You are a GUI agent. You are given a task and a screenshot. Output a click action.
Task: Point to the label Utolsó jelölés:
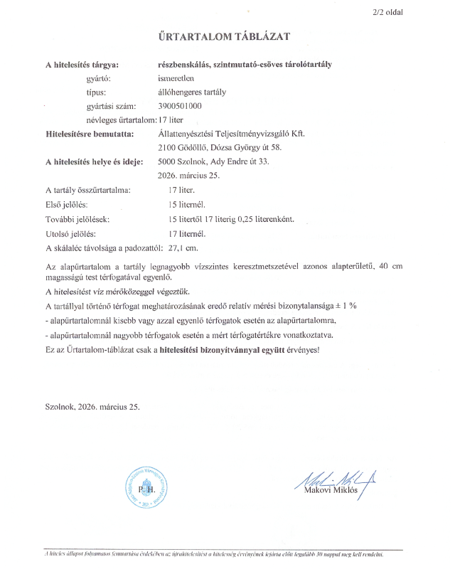coord(70,233)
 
